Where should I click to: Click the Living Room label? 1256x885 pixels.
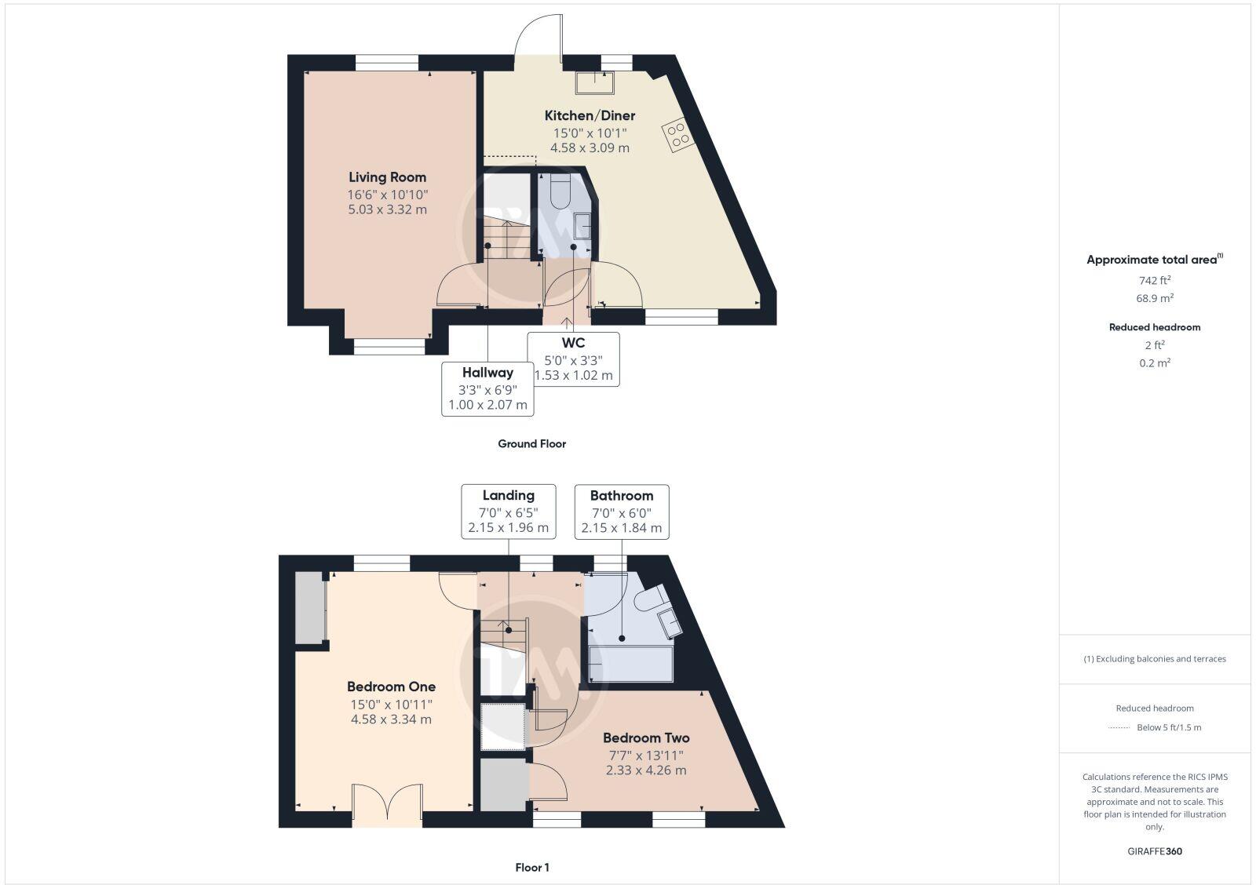387,177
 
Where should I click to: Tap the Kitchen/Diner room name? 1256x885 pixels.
590,115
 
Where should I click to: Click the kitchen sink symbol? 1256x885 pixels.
593,82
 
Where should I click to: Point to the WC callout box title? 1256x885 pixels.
573,343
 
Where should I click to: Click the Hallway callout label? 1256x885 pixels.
487,373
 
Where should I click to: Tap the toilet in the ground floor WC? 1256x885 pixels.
561,193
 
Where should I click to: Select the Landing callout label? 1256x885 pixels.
508,495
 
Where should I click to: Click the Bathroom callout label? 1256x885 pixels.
622,495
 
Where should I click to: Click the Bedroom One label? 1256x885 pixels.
391,687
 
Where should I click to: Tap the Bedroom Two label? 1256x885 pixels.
646,737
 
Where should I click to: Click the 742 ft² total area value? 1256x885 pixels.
1154,280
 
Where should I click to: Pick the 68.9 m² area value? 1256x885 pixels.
1154,298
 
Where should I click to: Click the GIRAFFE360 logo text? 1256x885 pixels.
1154,851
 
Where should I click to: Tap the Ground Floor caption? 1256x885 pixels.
531,443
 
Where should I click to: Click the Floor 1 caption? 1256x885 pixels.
531,867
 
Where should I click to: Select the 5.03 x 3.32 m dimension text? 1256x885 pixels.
387,209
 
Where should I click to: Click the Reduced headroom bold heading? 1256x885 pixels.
1154,327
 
